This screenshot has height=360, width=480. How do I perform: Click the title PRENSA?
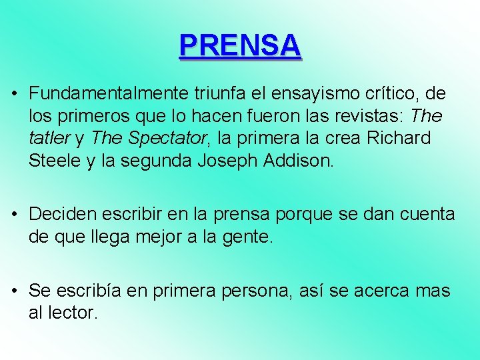click(240, 45)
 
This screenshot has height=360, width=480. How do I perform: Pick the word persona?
click(256, 291)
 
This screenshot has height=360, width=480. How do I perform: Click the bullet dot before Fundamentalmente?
click(14, 94)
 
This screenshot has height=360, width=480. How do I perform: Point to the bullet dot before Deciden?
click(14, 215)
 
